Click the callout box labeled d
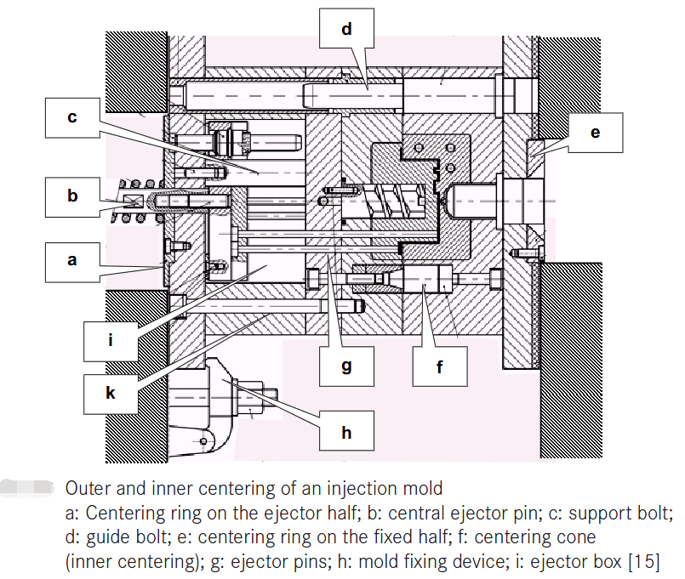pos(346,30)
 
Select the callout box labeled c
pos(72,117)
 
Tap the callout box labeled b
pos(72,196)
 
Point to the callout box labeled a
pos(72,260)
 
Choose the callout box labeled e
pos(595,132)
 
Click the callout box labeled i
pos(111,341)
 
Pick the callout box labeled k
pos(111,393)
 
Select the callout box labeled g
pos(346,366)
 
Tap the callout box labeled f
pos(440,366)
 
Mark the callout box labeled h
pos(346,432)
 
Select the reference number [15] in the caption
pos(643,562)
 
